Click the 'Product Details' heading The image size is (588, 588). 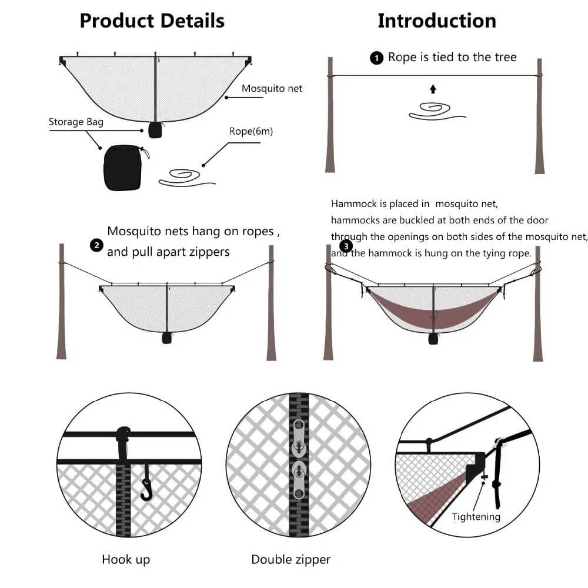152,21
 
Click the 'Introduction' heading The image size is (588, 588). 436,21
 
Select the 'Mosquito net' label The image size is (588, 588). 272,88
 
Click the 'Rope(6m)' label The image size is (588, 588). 251,131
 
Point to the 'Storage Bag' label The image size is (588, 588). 76,122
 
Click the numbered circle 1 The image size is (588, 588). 376,58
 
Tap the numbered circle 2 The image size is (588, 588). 96,245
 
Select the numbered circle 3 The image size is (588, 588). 346,246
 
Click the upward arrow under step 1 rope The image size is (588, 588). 433,89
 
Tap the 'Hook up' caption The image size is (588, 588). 126,559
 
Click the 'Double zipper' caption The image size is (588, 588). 290,559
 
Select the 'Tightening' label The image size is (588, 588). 476,517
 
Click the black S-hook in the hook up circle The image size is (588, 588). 146,487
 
